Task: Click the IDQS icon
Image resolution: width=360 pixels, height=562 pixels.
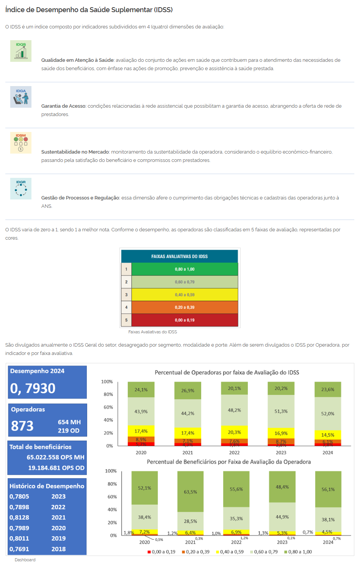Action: pyautogui.click(x=21, y=51)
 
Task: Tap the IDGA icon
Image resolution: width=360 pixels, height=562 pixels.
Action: pyautogui.click(x=21, y=97)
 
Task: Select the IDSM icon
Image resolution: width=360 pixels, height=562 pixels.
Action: pyautogui.click(x=21, y=143)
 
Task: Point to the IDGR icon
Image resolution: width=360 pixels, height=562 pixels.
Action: pyautogui.click(x=21, y=188)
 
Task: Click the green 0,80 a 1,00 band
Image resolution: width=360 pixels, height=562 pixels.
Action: pyautogui.click(x=185, y=269)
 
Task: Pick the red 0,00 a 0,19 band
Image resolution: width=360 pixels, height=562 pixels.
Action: pyautogui.click(x=185, y=320)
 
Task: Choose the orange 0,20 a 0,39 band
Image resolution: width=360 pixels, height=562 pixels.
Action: pyautogui.click(x=185, y=307)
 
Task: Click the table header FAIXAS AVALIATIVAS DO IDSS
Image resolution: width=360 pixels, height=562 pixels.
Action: pyautogui.click(x=179, y=256)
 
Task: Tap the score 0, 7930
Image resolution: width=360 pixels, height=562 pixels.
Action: pyautogui.click(x=33, y=388)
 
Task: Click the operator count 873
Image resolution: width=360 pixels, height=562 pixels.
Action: pyautogui.click(x=22, y=426)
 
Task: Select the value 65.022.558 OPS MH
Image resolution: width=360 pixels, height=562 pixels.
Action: pyautogui.click(x=55, y=457)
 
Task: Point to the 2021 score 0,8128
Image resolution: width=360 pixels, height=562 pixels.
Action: pyautogui.click(x=19, y=517)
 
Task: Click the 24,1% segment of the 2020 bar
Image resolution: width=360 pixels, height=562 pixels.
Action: pyautogui.click(x=141, y=390)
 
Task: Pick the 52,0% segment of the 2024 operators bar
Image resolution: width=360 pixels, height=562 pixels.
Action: pyautogui.click(x=328, y=413)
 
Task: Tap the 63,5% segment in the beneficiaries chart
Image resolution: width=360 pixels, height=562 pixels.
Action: pyautogui.click(x=190, y=492)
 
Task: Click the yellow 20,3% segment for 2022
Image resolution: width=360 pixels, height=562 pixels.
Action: pyautogui.click(x=234, y=432)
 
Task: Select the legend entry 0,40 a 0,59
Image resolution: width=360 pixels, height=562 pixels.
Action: pyautogui.click(x=229, y=552)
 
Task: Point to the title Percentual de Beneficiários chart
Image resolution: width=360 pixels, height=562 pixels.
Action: pyautogui.click(x=229, y=462)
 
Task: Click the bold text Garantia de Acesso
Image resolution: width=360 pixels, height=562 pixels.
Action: pyautogui.click(x=63, y=106)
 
